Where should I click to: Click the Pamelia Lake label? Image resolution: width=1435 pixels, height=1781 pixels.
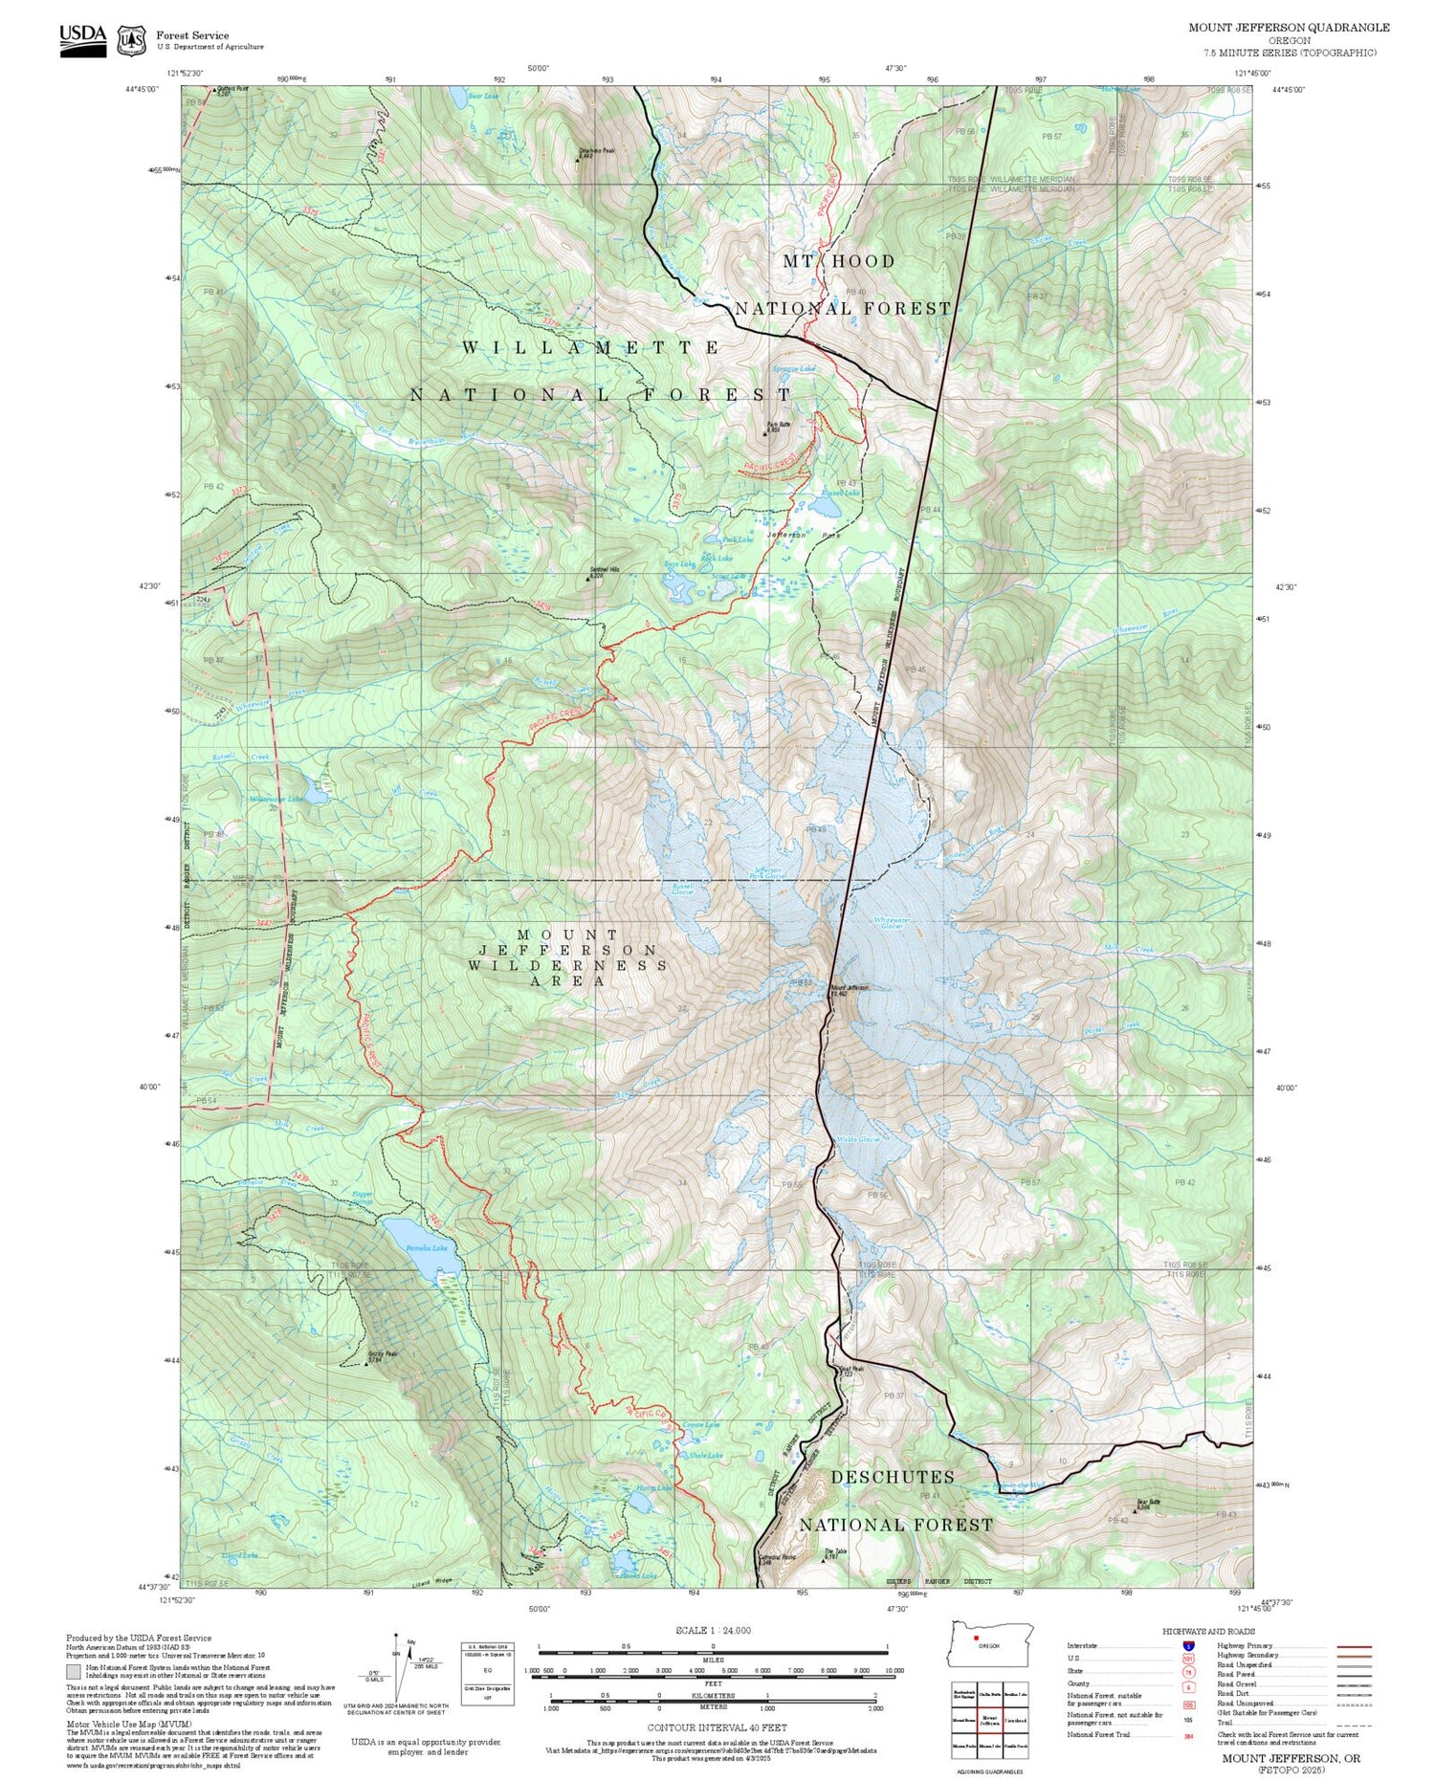[427, 1248]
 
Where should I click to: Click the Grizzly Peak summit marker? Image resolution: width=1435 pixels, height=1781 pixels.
[366, 1363]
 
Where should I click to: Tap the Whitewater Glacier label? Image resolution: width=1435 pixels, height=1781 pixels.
[890, 923]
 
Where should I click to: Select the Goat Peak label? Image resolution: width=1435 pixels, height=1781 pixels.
[851, 1369]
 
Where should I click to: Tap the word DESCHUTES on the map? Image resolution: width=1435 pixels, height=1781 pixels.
[892, 1478]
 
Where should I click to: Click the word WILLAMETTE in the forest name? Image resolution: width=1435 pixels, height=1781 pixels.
[590, 348]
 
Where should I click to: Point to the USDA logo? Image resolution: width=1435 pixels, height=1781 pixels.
[83, 39]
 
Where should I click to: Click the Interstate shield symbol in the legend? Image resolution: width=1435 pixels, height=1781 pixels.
[1187, 1645]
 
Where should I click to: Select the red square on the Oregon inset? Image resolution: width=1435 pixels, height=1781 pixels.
[976, 1637]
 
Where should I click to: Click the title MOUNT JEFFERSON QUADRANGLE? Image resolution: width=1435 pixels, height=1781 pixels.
[1289, 28]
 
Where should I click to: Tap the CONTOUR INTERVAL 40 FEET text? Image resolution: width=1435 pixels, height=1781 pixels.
[717, 1727]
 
